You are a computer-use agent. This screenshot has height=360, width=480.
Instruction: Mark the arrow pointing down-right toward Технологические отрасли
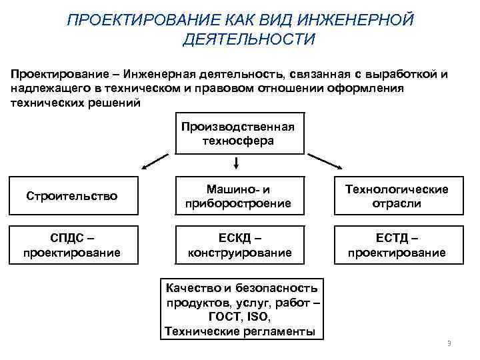click(324, 162)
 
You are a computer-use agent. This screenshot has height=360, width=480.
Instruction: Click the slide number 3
click(449, 343)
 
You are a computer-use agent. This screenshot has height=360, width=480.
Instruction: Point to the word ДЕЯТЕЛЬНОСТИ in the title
click(247, 40)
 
